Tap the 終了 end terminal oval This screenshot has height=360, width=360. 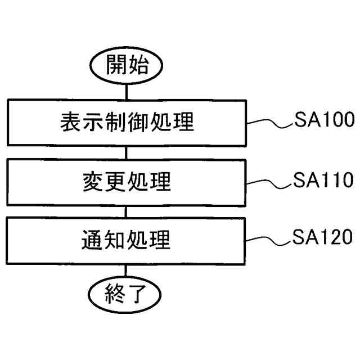tap(127, 292)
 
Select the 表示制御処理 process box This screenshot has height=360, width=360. tap(127, 122)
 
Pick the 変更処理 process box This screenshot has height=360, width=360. tap(127, 182)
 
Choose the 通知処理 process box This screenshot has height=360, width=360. tap(127, 241)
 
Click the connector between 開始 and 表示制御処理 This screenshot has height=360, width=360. tap(127, 90)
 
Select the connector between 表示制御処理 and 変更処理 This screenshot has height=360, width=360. tap(127, 152)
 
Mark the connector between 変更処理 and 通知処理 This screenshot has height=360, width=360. tap(127, 211)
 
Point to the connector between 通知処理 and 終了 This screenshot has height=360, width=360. tap(127, 271)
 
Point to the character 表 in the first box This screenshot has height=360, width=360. tap(70, 123)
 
